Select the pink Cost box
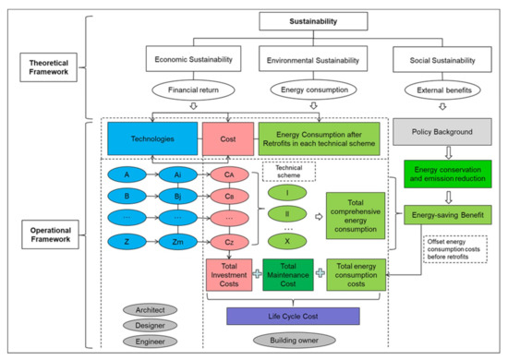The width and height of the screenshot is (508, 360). (227, 139)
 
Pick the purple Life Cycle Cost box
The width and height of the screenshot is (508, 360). (292, 316)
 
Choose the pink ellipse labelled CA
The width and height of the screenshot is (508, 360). (228, 174)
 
